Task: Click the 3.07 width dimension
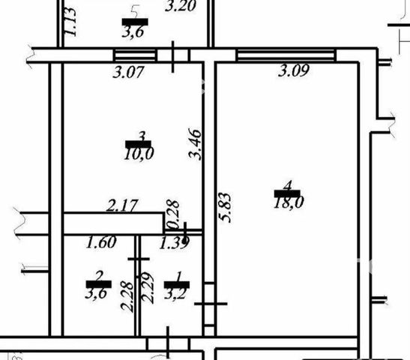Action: [128, 72]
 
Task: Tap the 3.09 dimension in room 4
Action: [294, 70]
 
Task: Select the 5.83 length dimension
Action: [225, 208]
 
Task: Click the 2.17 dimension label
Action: [122, 205]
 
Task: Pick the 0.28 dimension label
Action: [173, 215]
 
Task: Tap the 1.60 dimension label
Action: [101, 242]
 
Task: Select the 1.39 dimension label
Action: [174, 243]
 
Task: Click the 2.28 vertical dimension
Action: [127, 296]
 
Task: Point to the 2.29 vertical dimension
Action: [147, 288]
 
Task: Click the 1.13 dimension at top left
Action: [70, 22]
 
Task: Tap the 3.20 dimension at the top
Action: [181, 6]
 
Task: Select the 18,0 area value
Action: [289, 202]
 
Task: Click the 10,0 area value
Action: [139, 154]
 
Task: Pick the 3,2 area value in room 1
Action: [175, 293]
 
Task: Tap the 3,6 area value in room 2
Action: [96, 293]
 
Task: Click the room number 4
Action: [288, 186]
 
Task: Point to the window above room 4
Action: [286, 55]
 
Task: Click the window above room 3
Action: [135, 55]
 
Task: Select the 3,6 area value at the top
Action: [133, 32]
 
